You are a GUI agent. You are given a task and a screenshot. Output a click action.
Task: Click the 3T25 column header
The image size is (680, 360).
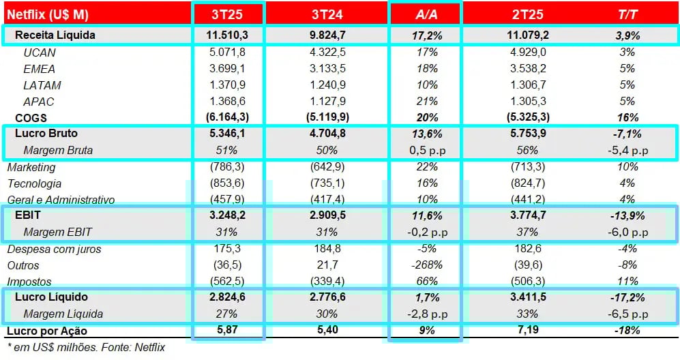tap(227, 14)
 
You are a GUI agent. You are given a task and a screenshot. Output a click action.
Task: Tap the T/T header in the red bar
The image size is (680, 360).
tap(627, 14)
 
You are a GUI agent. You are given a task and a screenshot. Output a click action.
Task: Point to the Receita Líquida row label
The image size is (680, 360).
tap(55, 35)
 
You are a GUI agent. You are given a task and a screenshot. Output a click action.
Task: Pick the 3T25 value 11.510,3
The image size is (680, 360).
tap(227, 35)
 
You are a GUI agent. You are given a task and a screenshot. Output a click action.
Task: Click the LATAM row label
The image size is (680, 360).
tap(42, 85)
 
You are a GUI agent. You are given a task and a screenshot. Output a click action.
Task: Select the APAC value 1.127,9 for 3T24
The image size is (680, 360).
tap(326, 102)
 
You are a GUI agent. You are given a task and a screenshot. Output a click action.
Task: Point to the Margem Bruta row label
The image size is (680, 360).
tap(58, 150)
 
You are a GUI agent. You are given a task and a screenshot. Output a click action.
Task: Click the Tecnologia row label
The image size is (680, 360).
tap(34, 183)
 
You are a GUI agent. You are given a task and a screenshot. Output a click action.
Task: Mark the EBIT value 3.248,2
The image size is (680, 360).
tap(227, 215)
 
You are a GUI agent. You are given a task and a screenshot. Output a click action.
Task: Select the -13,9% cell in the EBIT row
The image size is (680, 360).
tap(627, 215)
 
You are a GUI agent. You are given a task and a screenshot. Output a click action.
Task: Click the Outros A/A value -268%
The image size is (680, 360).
tap(425, 265)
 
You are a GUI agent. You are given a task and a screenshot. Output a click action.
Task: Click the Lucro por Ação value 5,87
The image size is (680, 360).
tap(227, 331)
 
